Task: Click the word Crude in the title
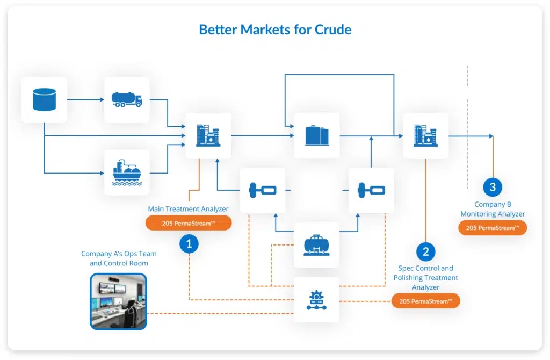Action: [x=333, y=30]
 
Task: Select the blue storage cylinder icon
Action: [x=44, y=99]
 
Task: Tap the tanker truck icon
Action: [x=127, y=99]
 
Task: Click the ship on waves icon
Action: [x=127, y=172]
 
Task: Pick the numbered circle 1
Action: [x=189, y=243]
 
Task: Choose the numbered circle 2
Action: [x=426, y=251]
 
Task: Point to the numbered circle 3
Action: [x=493, y=187]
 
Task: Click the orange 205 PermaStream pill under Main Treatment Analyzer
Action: [x=189, y=223]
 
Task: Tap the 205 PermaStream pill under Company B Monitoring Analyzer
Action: [x=493, y=228]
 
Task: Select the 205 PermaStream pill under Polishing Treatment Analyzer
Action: [x=426, y=301]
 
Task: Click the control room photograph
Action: [x=119, y=302]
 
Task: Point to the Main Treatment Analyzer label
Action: [x=188, y=209]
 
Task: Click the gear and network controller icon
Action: [x=316, y=300]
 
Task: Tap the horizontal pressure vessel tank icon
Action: [x=316, y=245]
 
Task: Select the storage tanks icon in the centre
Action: [x=317, y=135]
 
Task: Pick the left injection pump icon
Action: [x=263, y=191]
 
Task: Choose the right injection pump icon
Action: [x=372, y=191]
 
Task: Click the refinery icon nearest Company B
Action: [x=426, y=135]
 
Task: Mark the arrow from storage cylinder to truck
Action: [x=85, y=99]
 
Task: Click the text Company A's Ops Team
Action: [x=119, y=254]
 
